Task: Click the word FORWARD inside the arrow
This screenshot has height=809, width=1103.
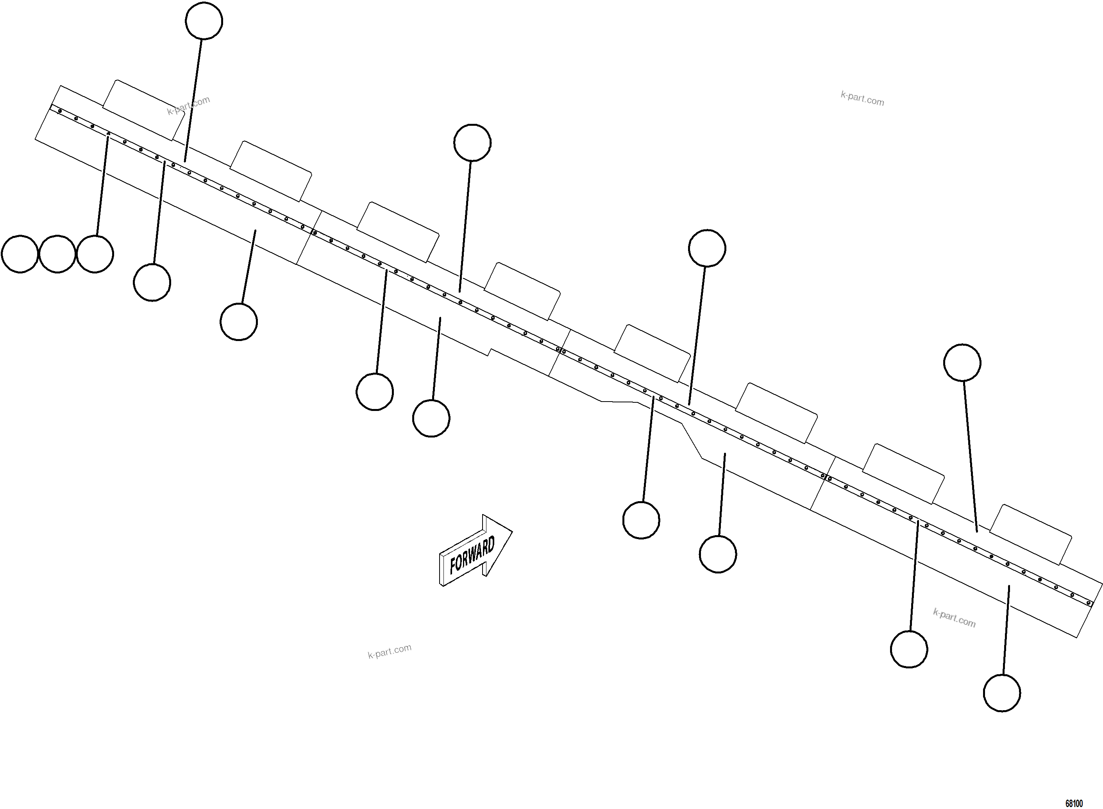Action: (x=472, y=555)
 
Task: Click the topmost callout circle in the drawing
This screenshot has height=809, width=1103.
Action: (x=204, y=21)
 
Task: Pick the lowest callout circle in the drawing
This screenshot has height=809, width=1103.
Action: (x=1002, y=693)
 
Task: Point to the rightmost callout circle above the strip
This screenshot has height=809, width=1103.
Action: (x=962, y=363)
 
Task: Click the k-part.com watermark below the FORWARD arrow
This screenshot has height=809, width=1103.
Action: (x=390, y=651)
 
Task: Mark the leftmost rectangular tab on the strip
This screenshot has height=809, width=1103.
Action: (x=143, y=110)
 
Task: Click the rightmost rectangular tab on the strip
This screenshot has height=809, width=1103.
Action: (x=1030, y=534)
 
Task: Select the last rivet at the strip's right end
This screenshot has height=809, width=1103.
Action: (x=1088, y=602)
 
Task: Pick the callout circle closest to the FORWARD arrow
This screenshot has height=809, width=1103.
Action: (x=431, y=418)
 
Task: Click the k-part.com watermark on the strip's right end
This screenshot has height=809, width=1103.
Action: (x=954, y=618)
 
